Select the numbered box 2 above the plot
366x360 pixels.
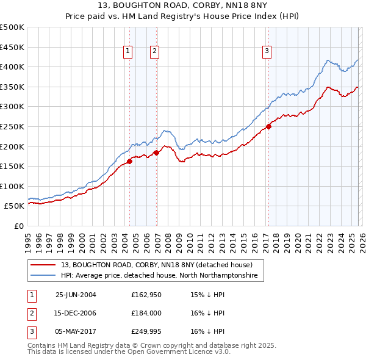pos(155,52)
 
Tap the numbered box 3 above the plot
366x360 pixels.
pos(267,52)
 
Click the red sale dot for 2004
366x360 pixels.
pos(130,161)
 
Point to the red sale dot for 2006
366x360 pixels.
pos(157,153)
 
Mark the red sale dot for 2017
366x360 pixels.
pos(268,127)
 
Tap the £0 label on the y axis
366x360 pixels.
pos(18,226)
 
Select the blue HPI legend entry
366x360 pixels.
pos(159,276)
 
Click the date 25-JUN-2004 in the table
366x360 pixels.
pos(76,295)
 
